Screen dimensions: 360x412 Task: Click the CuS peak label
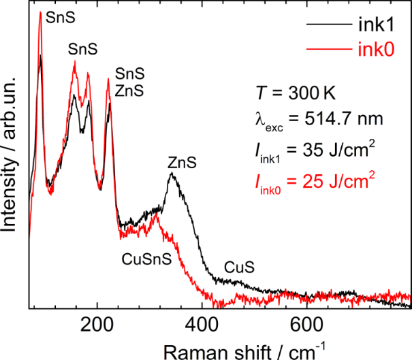coord(240,268)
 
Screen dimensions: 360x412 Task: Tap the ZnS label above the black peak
coord(182,163)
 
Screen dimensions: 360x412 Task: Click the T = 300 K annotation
coord(289,93)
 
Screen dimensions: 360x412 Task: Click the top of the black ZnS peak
coord(172,174)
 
